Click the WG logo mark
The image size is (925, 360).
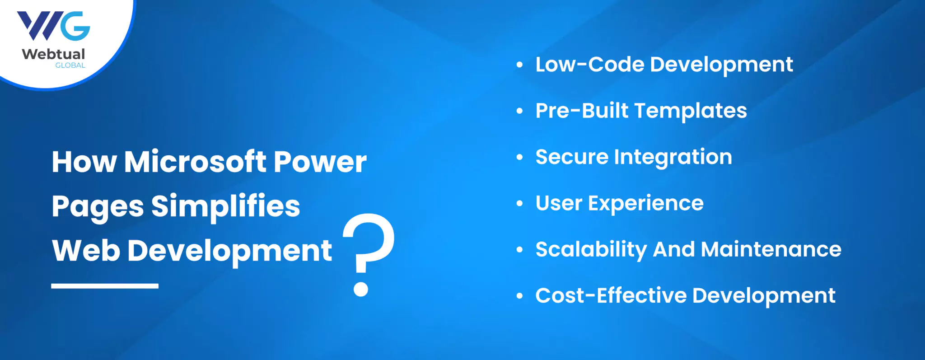coord(53,26)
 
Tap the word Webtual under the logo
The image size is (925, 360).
coord(53,54)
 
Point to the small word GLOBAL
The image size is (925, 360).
coord(70,65)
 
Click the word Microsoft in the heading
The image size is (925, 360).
coord(196,161)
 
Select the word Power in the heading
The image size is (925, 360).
coord(320,162)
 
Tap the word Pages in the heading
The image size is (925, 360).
coord(98,207)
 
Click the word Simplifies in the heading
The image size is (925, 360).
coord(225,206)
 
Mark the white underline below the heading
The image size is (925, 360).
coord(105,286)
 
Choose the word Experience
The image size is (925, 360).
coord(646,204)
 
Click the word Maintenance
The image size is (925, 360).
coord(771,249)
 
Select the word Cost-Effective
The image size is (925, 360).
coord(611,295)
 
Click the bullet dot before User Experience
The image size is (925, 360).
coord(520,204)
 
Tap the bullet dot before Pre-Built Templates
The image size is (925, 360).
coord(520,111)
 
